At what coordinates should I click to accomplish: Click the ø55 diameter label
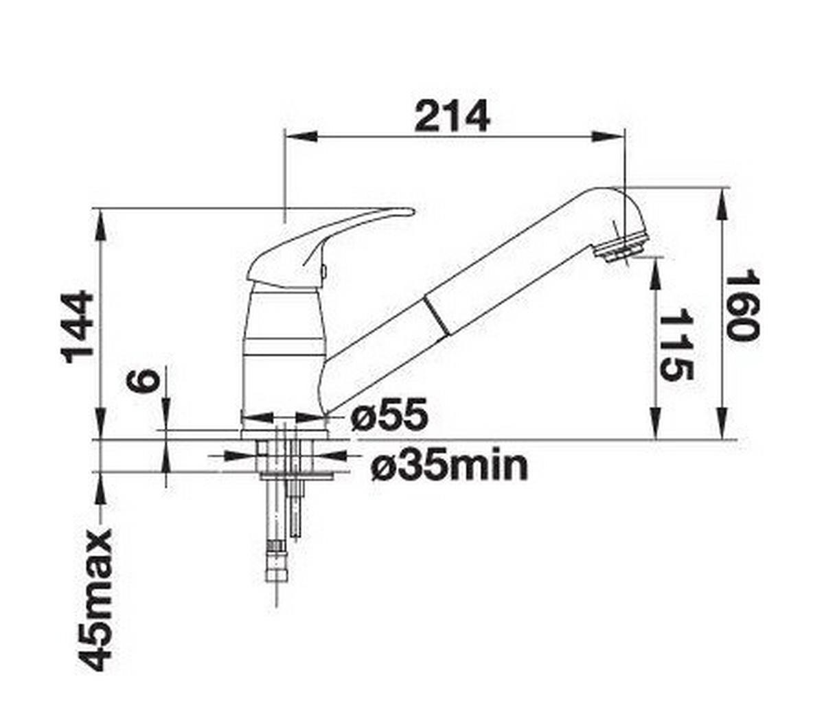(389, 415)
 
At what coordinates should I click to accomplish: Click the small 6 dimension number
(146, 380)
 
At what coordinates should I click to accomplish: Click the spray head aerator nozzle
(621, 248)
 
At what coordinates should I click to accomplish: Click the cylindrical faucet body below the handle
(283, 343)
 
